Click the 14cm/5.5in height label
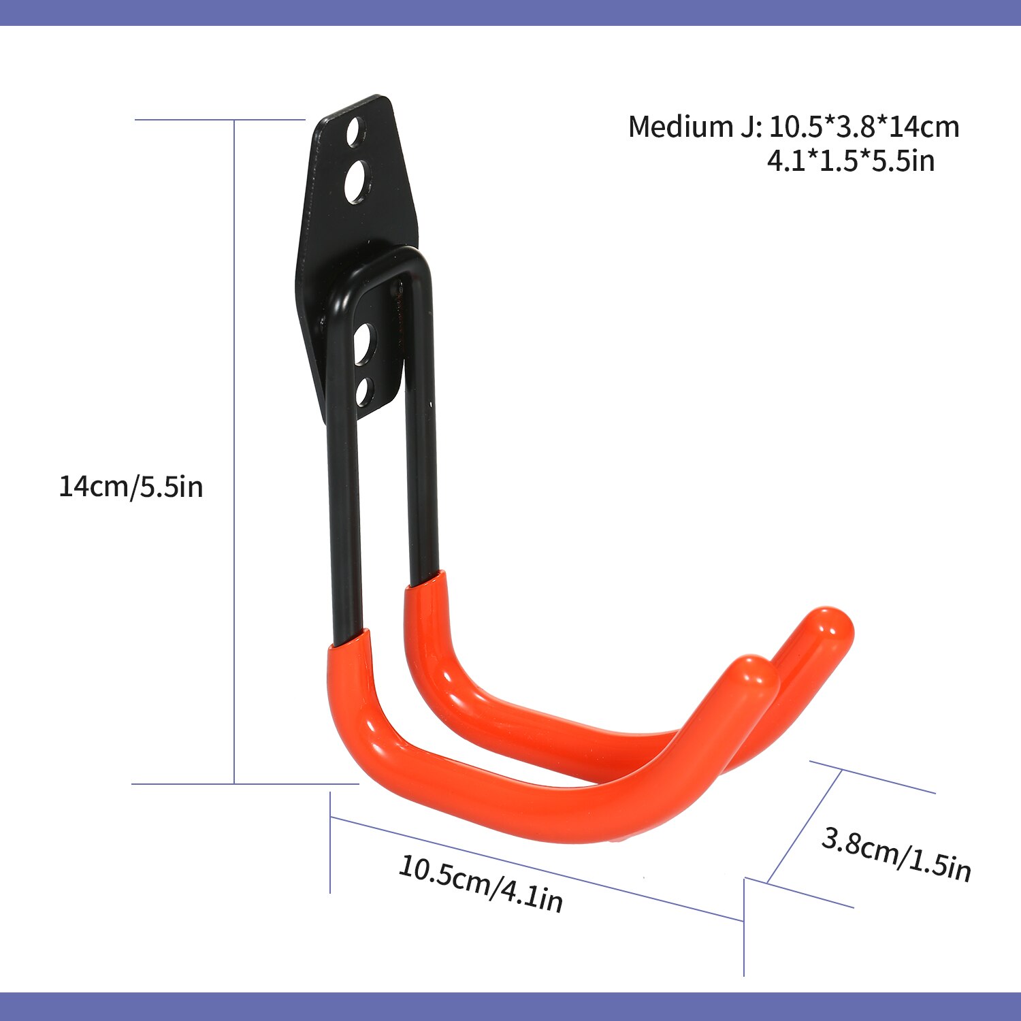[131, 487]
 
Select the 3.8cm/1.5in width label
[896, 854]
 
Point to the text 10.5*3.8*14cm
[864, 127]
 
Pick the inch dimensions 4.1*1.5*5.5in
[850, 161]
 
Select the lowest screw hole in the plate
[364, 391]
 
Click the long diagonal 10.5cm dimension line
[538, 869]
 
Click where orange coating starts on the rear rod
[426, 583]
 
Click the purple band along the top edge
[510, 12]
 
